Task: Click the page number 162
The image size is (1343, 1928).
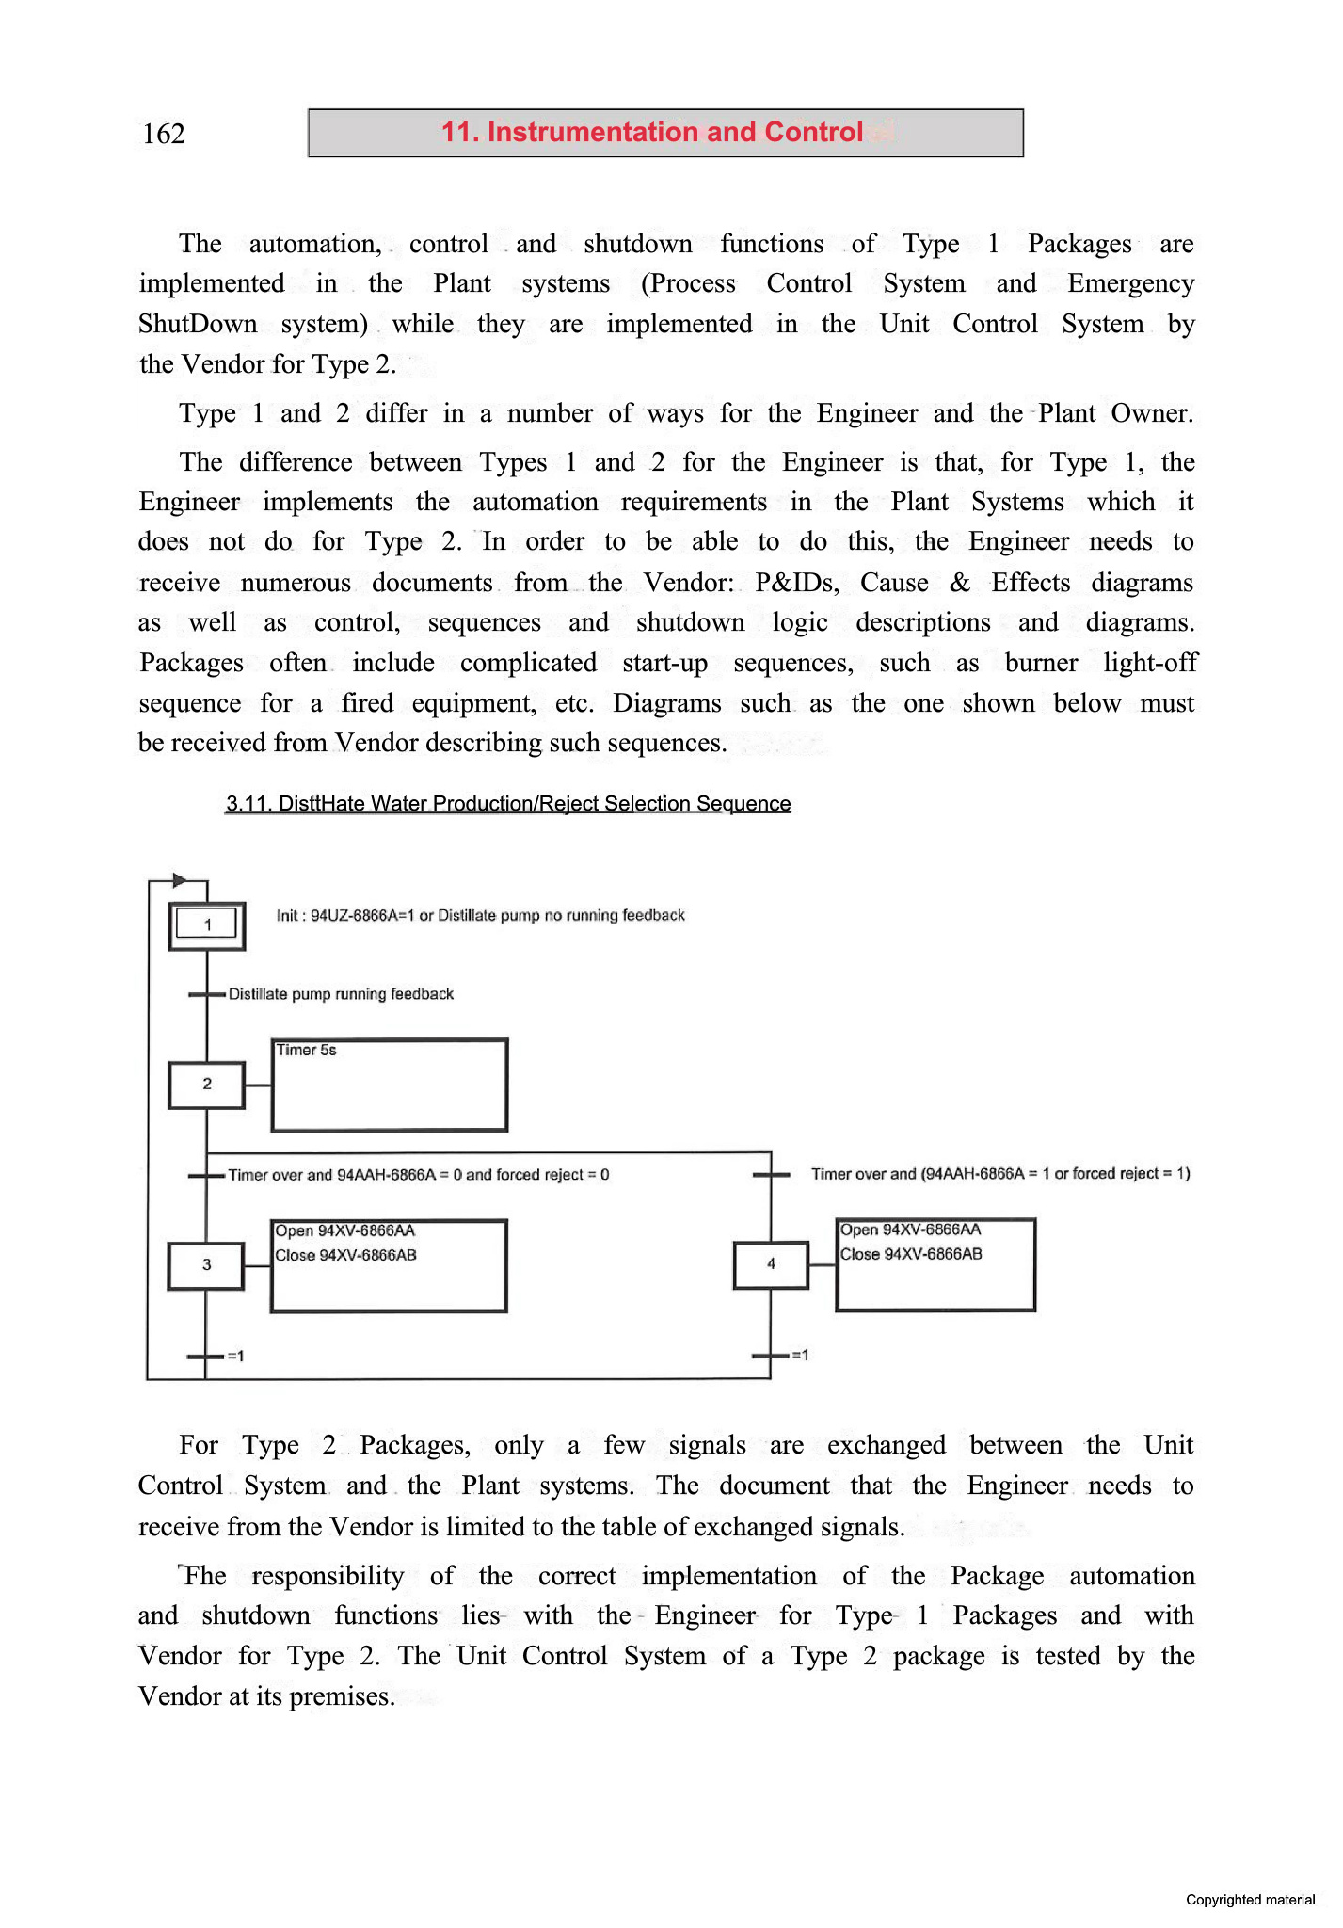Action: pos(164,134)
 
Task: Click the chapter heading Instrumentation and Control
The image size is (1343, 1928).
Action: pos(652,132)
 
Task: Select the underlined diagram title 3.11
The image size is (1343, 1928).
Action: pos(507,803)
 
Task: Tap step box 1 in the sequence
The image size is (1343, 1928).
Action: pos(207,925)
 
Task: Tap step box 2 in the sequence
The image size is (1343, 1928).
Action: pos(207,1084)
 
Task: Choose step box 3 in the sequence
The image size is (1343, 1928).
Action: pos(206,1265)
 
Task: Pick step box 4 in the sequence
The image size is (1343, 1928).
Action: pos(771,1264)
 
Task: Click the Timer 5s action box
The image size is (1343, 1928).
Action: pos(390,1084)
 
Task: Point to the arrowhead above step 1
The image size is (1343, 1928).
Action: pos(180,881)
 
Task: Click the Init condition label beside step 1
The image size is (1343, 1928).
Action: pos(480,915)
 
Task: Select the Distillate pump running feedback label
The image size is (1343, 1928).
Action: pos(341,994)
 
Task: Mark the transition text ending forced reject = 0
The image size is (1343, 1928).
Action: pos(419,1175)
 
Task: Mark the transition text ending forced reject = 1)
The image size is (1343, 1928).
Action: pos(1000,1174)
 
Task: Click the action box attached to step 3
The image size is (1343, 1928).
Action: pos(389,1265)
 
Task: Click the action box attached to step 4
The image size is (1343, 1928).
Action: pos(935,1264)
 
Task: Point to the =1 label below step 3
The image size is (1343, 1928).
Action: pos(235,1356)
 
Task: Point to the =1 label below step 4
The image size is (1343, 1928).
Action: pos(800,1355)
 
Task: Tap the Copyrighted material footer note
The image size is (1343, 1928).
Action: pos(1250,1900)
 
